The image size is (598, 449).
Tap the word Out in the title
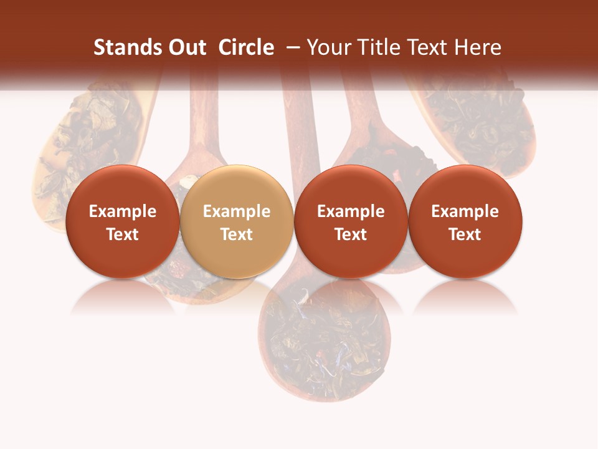click(185, 47)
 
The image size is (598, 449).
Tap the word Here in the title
click(477, 47)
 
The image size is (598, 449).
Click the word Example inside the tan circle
click(237, 211)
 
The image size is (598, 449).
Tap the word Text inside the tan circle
click(237, 234)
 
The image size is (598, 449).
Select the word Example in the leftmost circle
click(123, 211)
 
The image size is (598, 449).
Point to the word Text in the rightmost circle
click(465, 234)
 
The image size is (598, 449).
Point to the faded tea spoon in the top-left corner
click(87, 137)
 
